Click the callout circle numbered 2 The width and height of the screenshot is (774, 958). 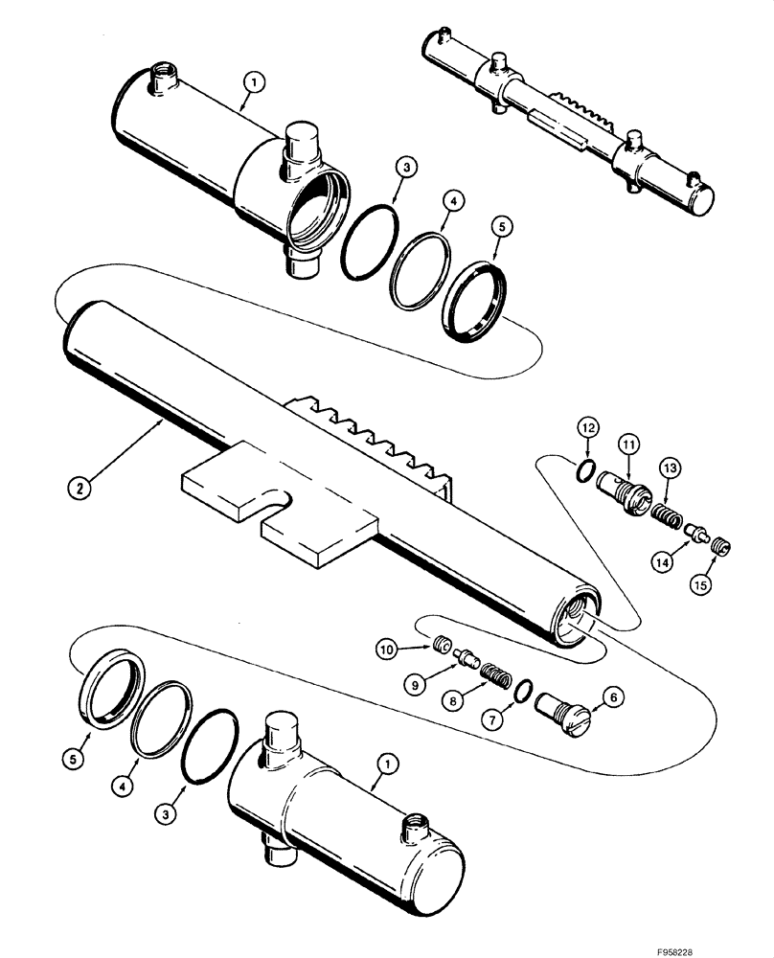pos(81,487)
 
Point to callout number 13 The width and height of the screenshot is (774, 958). pos(670,467)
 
